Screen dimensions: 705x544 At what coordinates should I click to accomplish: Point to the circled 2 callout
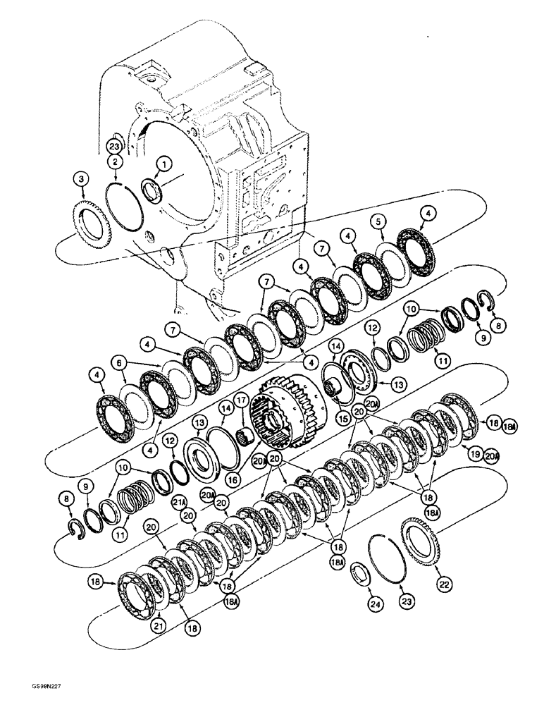point(113,162)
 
